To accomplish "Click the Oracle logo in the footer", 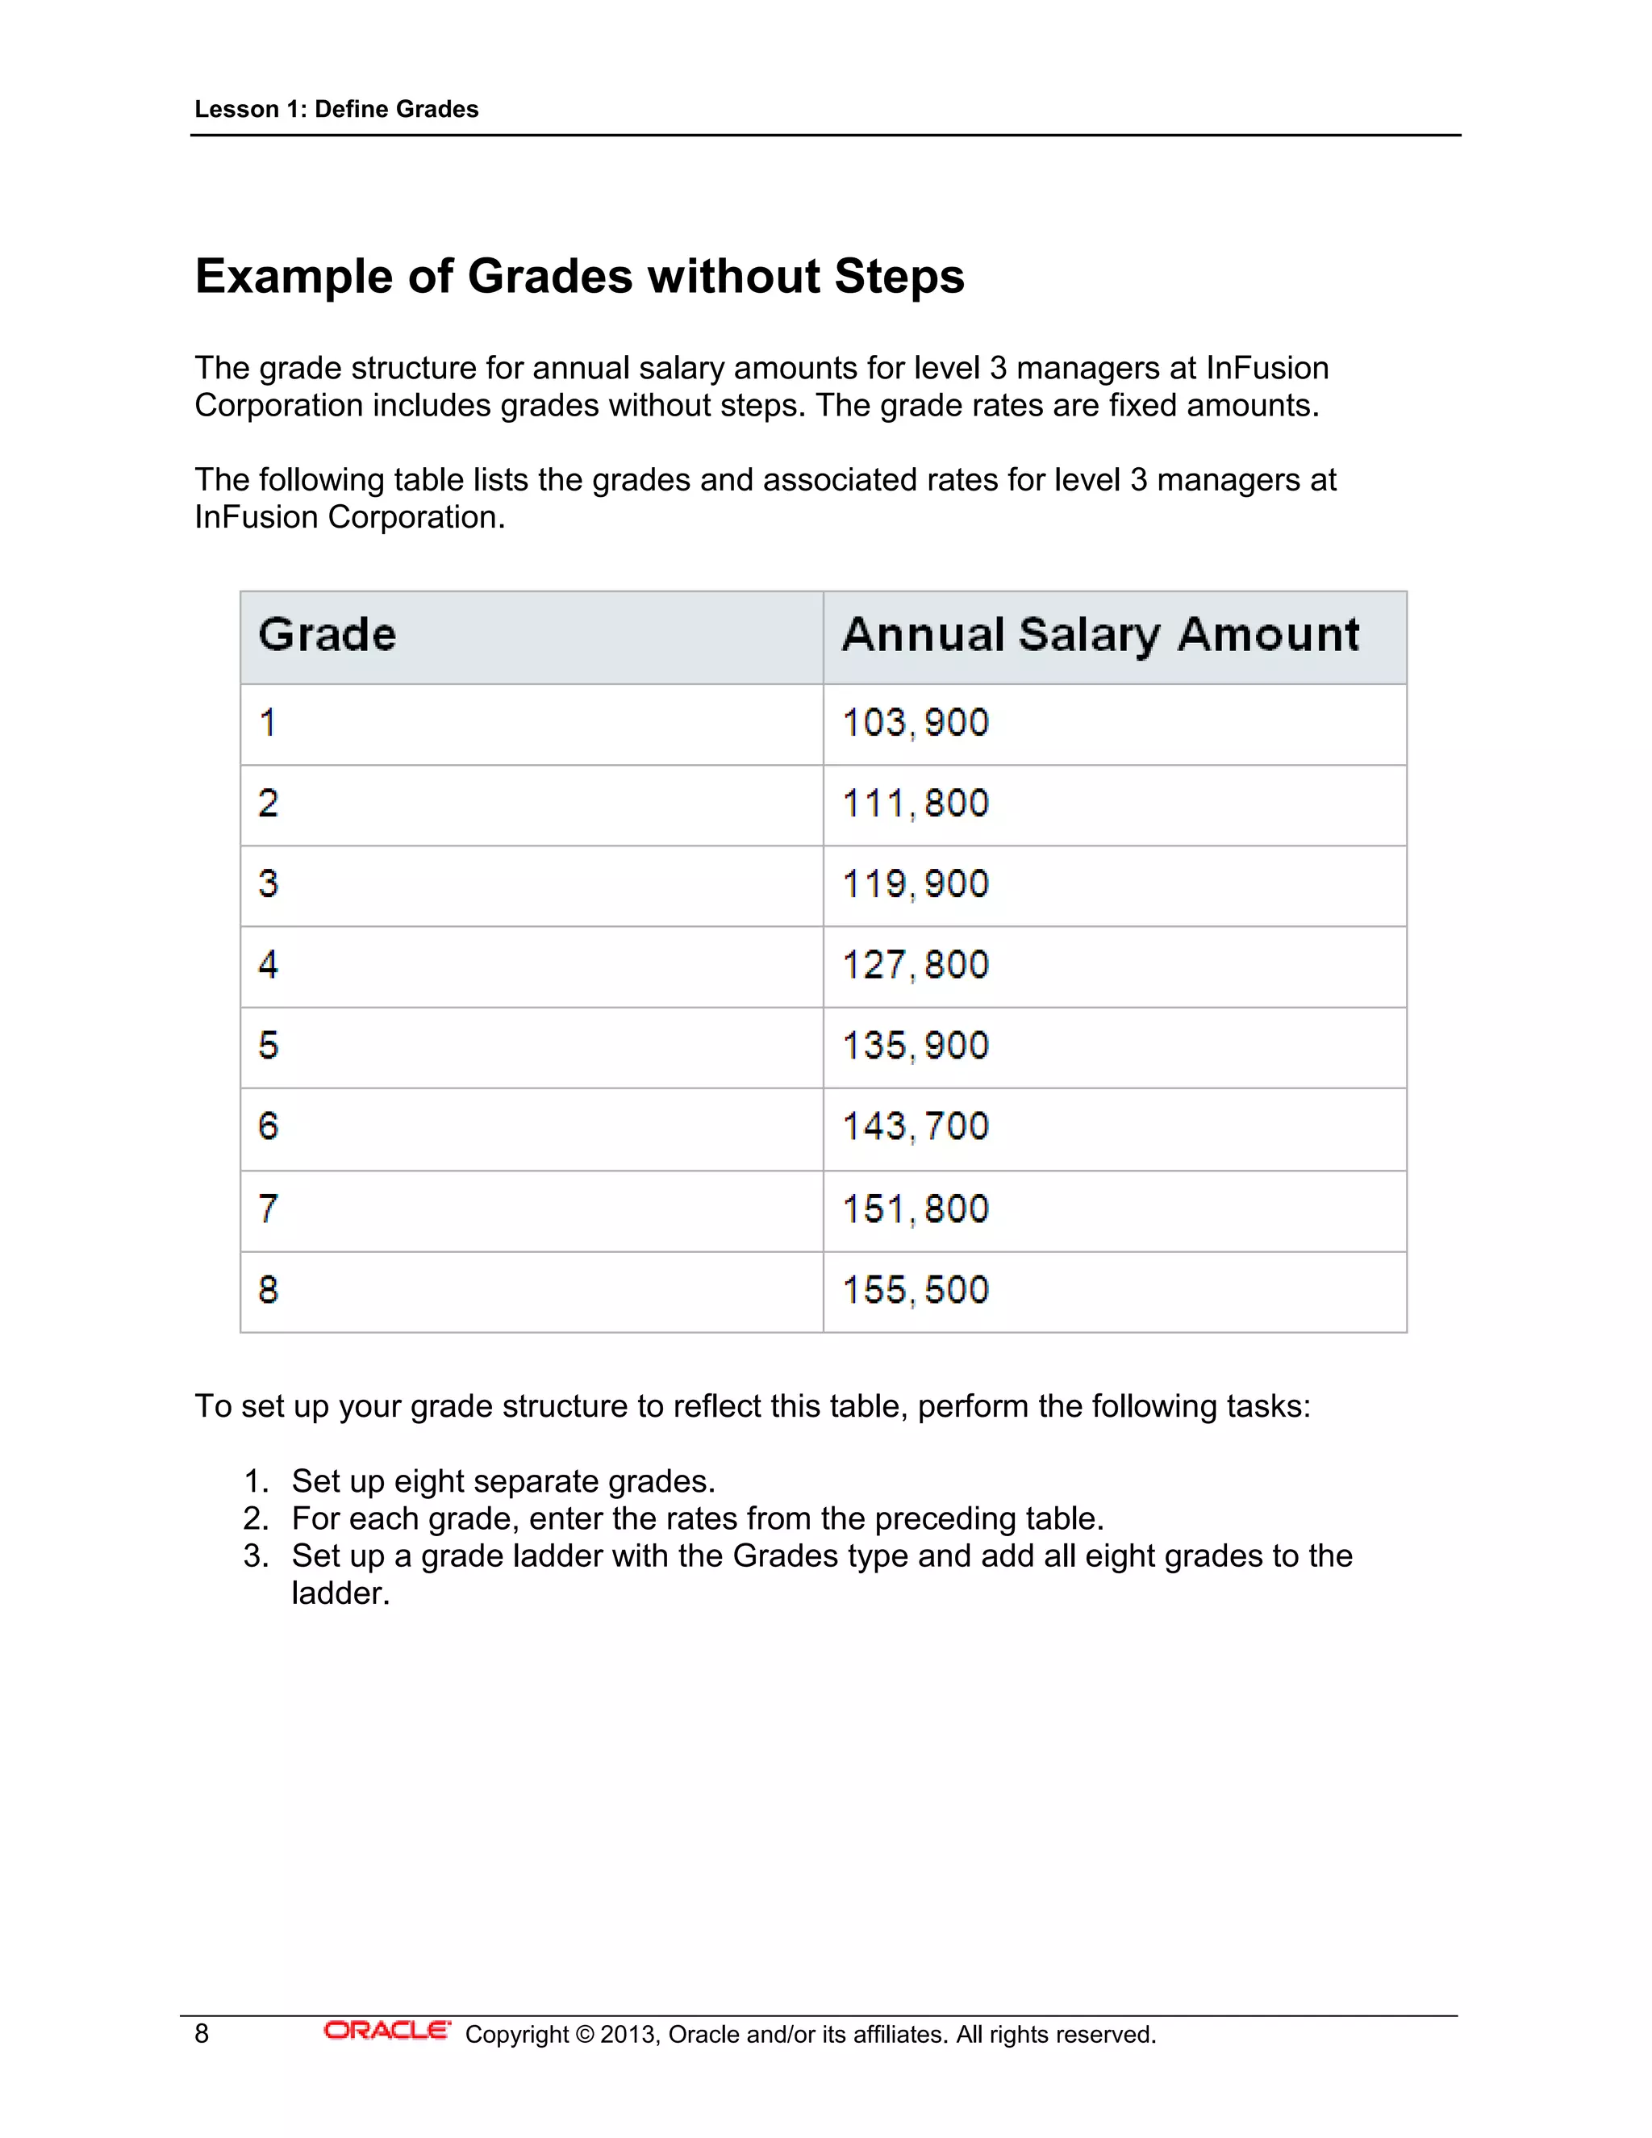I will click(x=386, y=2032).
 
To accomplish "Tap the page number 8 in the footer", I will click(x=202, y=2034).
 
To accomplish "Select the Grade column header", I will click(x=327, y=635).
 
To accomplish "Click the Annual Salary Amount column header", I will click(x=1100, y=635).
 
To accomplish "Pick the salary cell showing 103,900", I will click(x=915, y=724).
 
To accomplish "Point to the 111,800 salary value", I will click(x=915, y=804).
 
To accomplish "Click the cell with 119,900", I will click(x=915, y=885).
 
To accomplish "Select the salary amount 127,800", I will click(x=915, y=965).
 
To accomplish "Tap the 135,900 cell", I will click(x=915, y=1046).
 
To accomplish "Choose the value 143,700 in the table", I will click(x=915, y=1127).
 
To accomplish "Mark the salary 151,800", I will click(x=915, y=1210).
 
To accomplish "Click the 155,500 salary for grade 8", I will click(x=915, y=1290).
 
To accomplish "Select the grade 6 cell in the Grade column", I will click(x=268, y=1127).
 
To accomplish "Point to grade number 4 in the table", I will click(x=268, y=965).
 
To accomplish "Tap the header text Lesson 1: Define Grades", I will click(x=336, y=110).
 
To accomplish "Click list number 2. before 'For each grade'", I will click(x=256, y=1518).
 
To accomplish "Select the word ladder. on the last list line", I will click(x=340, y=1593).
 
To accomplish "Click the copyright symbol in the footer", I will click(x=584, y=2034).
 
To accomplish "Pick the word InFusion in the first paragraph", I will click(x=1267, y=368).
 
